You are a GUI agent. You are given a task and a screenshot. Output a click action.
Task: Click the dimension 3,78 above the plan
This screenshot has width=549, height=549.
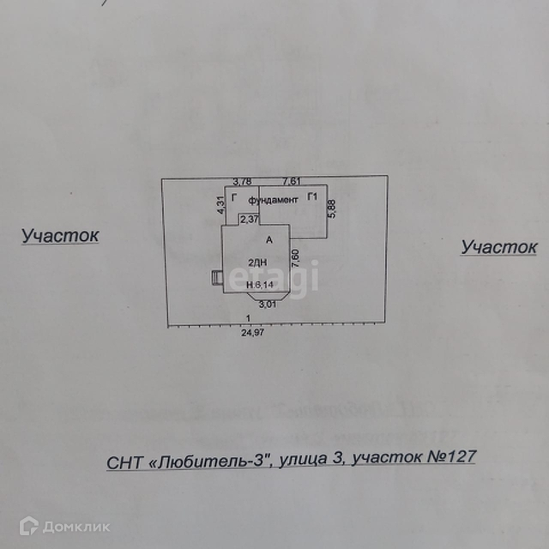click(244, 181)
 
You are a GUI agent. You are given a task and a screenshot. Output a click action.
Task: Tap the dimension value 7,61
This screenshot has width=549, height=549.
click(292, 181)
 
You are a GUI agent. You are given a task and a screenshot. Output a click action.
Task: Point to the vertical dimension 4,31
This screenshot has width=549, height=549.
click(220, 204)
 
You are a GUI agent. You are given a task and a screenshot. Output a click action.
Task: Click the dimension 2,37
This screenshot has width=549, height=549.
click(249, 219)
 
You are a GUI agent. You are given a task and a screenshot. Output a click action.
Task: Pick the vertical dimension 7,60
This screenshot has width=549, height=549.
click(295, 256)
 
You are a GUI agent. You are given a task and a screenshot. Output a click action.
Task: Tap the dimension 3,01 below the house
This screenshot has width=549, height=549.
click(268, 303)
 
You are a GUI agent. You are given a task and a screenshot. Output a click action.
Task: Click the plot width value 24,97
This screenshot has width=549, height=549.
click(252, 333)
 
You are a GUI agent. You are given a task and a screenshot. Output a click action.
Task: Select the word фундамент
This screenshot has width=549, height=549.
click(273, 199)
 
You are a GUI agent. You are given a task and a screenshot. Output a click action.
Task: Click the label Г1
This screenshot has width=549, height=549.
click(313, 198)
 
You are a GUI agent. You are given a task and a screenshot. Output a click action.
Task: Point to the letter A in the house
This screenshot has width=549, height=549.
click(268, 239)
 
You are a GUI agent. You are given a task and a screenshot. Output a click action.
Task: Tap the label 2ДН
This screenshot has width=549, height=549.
click(256, 262)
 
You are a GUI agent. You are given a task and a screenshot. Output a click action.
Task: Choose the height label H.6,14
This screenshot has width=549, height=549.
click(259, 285)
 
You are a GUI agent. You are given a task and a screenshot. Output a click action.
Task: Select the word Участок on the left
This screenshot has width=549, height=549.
click(60, 235)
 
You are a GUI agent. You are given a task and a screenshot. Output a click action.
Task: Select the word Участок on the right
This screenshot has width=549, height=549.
click(498, 247)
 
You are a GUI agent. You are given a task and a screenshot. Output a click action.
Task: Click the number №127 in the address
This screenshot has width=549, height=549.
click(450, 457)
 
